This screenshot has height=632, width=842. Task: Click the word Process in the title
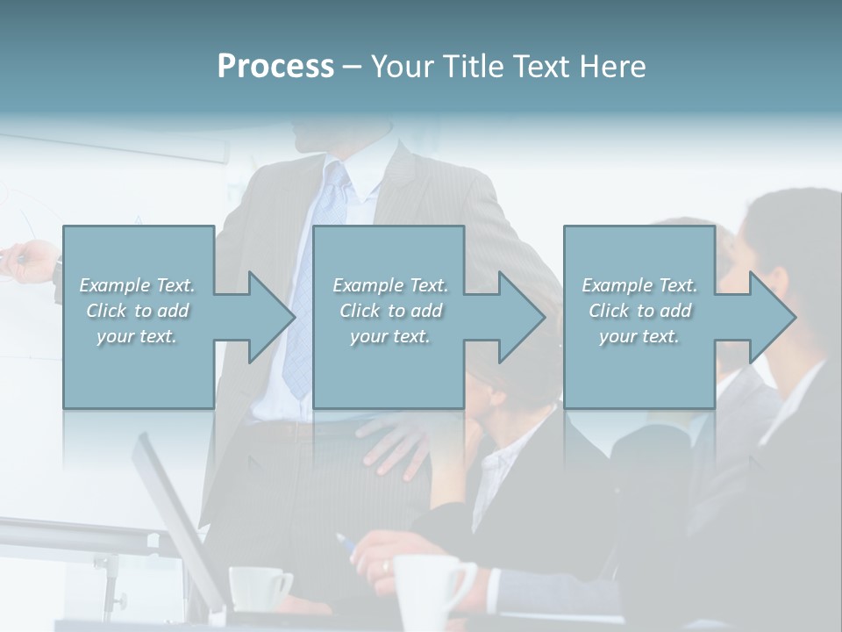point(275,67)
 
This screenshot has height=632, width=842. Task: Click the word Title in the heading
point(474,67)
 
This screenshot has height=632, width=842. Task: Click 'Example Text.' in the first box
point(137,285)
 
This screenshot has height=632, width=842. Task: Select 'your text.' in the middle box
point(390,336)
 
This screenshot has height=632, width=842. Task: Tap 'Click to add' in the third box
point(640,311)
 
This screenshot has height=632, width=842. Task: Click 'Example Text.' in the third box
point(640,285)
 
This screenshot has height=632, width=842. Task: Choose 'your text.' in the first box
point(137,336)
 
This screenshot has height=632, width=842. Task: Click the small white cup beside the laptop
point(259,588)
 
